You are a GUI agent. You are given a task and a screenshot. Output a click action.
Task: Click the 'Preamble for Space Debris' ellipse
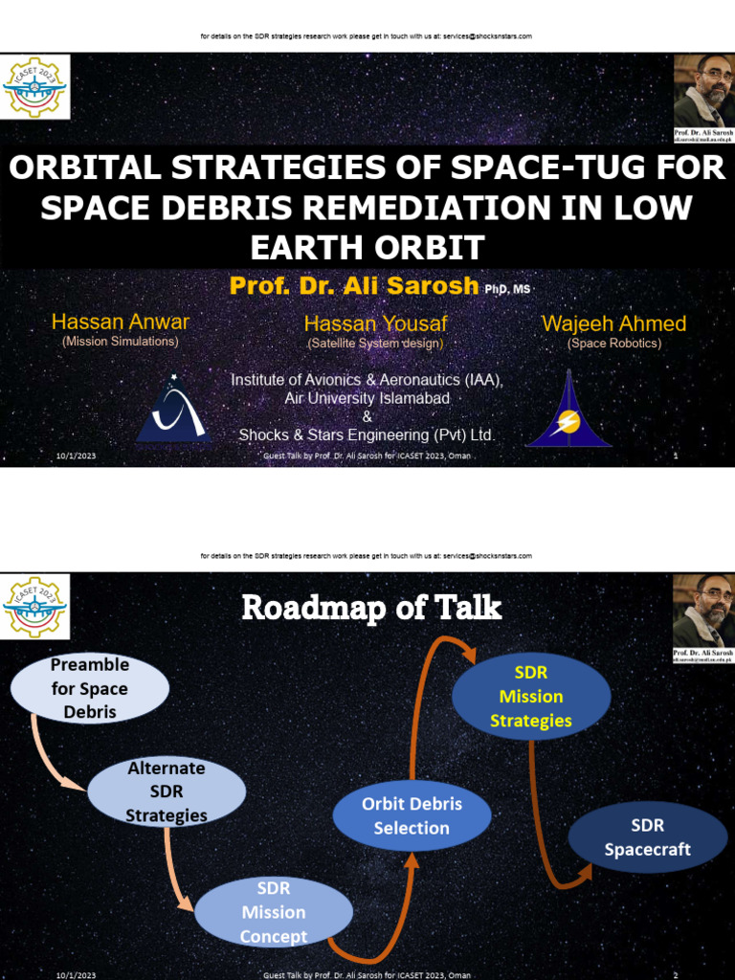pos(89,688)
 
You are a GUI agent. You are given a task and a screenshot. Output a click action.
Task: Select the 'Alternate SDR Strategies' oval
pos(167,791)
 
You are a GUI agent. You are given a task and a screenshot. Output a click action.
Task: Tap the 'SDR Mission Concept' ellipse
pos(274,912)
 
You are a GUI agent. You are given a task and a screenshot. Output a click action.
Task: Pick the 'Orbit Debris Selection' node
pos(412,816)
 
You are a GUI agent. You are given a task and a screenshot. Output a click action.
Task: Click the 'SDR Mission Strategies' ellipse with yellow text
pos(530,697)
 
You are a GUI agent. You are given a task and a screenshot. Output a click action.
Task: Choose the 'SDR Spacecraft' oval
pos(647,837)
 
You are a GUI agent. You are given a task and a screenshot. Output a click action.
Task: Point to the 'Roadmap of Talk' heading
pos(371,608)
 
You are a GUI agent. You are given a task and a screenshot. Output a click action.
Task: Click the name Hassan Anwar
pos(121,323)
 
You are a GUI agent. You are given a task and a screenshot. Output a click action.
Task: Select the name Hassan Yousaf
pos(375,324)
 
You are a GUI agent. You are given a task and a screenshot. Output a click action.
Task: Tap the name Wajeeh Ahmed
pos(613,323)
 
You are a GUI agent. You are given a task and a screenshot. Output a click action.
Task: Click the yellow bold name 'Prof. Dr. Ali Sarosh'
pos(353,286)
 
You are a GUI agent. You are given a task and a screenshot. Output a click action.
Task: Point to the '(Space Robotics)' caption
pos(613,343)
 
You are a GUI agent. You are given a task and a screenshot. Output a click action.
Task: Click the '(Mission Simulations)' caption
pos(121,341)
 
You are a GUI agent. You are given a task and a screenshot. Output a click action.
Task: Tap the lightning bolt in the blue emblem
pos(569,422)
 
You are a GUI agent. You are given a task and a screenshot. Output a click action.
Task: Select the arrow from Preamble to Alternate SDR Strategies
pos(53,756)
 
